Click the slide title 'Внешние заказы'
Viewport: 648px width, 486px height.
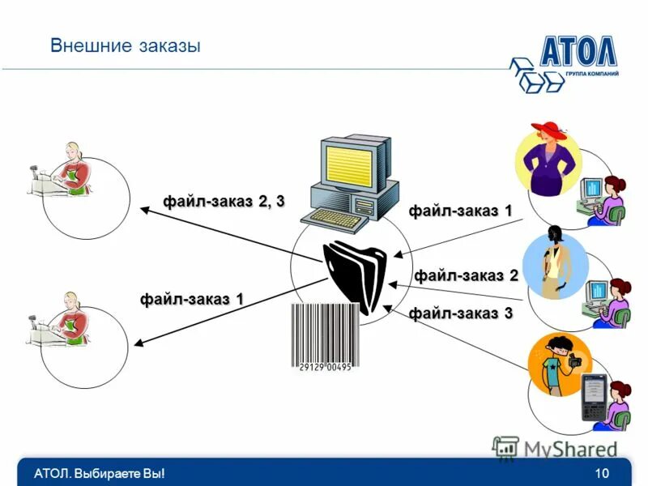tap(125, 46)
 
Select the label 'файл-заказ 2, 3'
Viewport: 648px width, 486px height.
tap(224, 201)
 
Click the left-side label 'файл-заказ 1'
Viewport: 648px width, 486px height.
tap(192, 299)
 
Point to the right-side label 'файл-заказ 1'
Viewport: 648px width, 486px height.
tap(460, 211)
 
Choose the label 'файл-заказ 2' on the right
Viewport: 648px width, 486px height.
tap(466, 275)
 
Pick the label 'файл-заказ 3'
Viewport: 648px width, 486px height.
tap(460, 313)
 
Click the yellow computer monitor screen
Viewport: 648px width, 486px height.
tap(347, 162)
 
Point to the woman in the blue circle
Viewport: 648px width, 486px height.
tap(554, 263)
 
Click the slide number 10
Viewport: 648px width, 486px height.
tap(601, 473)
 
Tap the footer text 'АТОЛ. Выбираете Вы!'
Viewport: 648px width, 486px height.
tap(100, 473)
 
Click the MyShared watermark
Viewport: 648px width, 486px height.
tap(559, 448)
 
